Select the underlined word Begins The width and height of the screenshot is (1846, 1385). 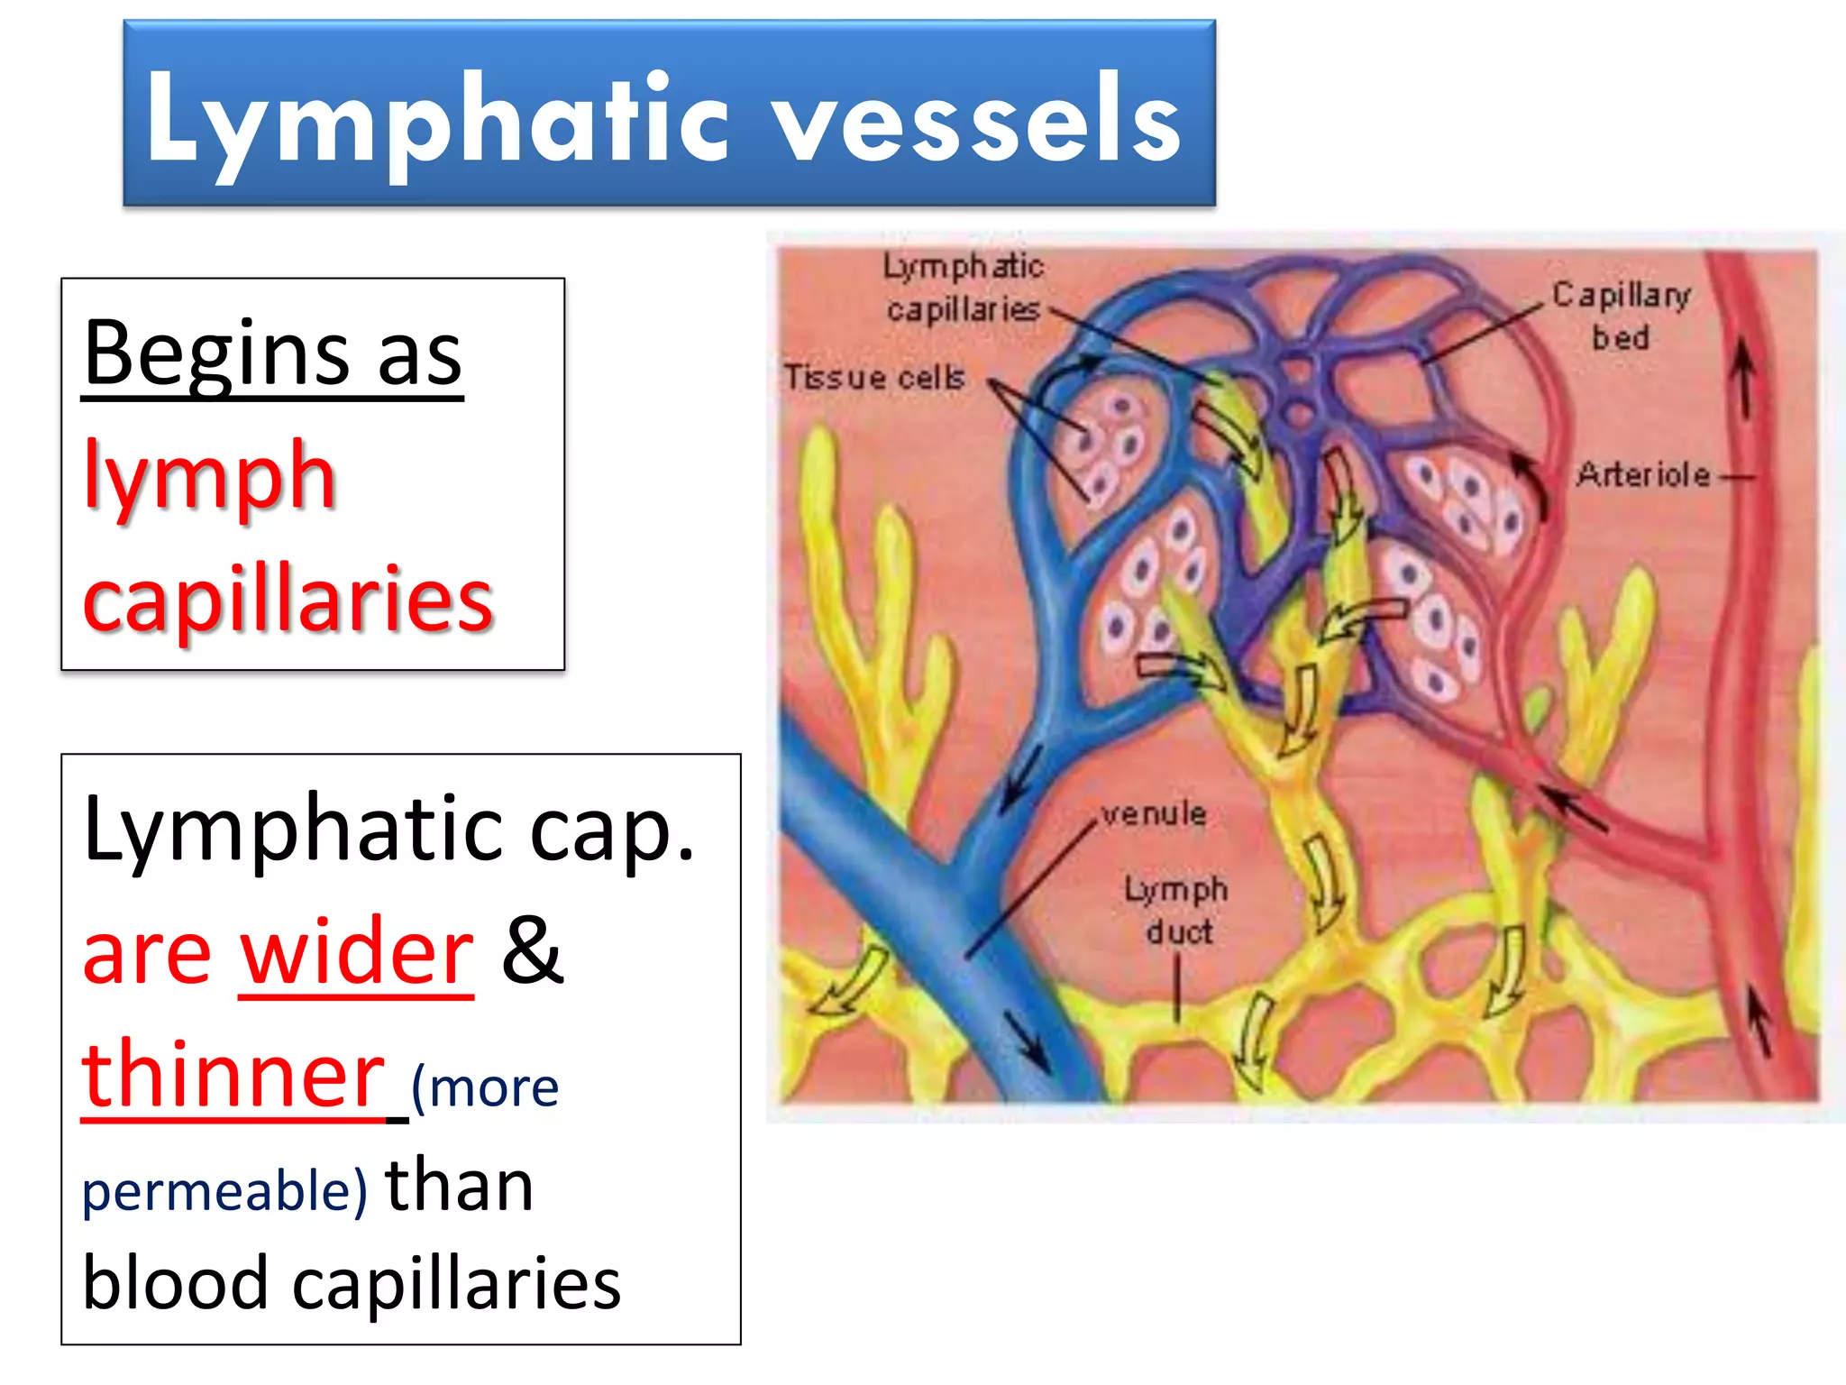coord(216,353)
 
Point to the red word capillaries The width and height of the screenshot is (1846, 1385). coord(287,600)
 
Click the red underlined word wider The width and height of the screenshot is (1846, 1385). coord(356,952)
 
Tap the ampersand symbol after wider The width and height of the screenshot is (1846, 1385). coord(532,950)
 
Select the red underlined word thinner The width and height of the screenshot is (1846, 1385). coord(233,1075)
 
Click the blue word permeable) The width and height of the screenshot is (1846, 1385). coord(224,1190)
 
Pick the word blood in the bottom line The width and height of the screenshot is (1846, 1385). coord(176,1284)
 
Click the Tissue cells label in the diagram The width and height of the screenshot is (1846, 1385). coord(873,377)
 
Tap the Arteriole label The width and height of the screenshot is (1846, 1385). coord(1642,474)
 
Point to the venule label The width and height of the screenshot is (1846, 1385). coord(1154,814)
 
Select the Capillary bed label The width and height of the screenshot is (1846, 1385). coord(1621,316)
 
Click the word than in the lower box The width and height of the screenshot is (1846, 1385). coord(460,1187)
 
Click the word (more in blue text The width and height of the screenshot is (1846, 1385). coord(485,1088)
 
